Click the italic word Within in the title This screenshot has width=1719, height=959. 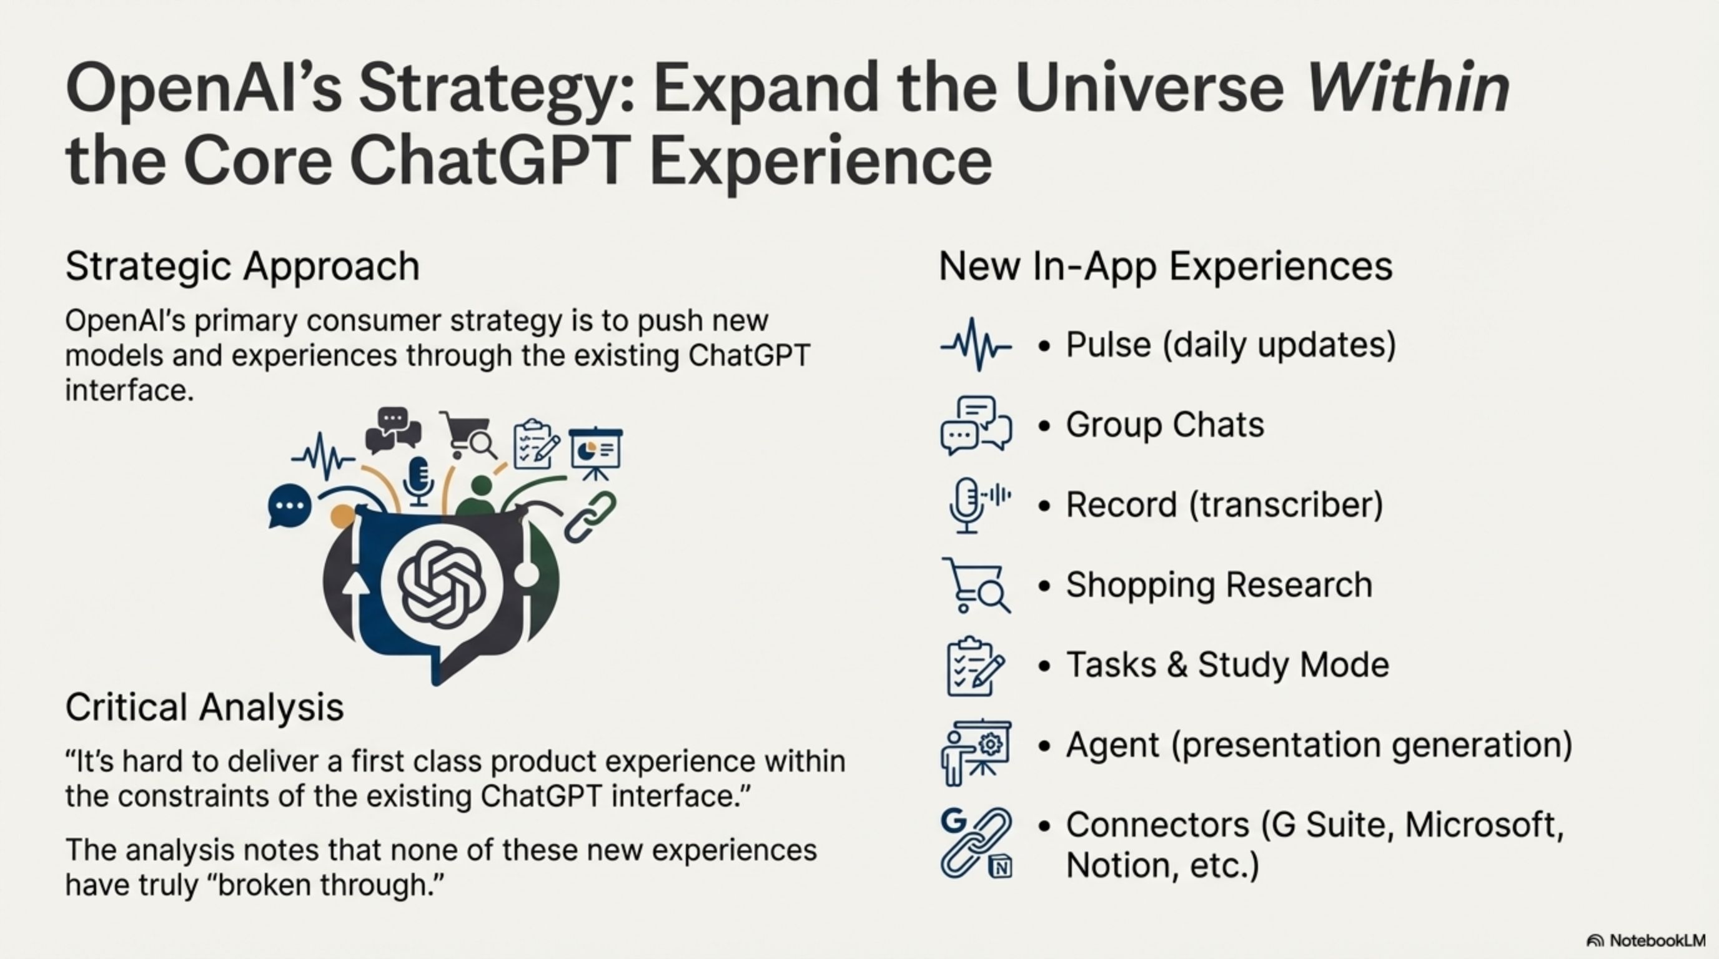pyautogui.click(x=1407, y=87)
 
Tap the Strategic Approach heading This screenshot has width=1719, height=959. pyautogui.click(x=242, y=267)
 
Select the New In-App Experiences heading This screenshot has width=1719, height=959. pyautogui.click(x=1166, y=267)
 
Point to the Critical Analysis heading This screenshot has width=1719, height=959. pyautogui.click(x=204, y=707)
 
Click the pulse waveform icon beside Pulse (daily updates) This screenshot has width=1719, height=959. pyautogui.click(x=976, y=345)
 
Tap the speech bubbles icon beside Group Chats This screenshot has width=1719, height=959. pyautogui.click(x=976, y=425)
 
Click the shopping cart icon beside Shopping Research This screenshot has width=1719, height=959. pyautogui.click(x=976, y=586)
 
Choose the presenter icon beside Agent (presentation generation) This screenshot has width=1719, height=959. pyautogui.click(x=976, y=752)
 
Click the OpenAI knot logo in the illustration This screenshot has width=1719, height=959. pyautogui.click(x=441, y=584)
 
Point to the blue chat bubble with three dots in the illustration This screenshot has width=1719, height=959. pyautogui.click(x=289, y=506)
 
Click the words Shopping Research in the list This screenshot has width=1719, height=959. pyautogui.click(x=1219, y=585)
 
